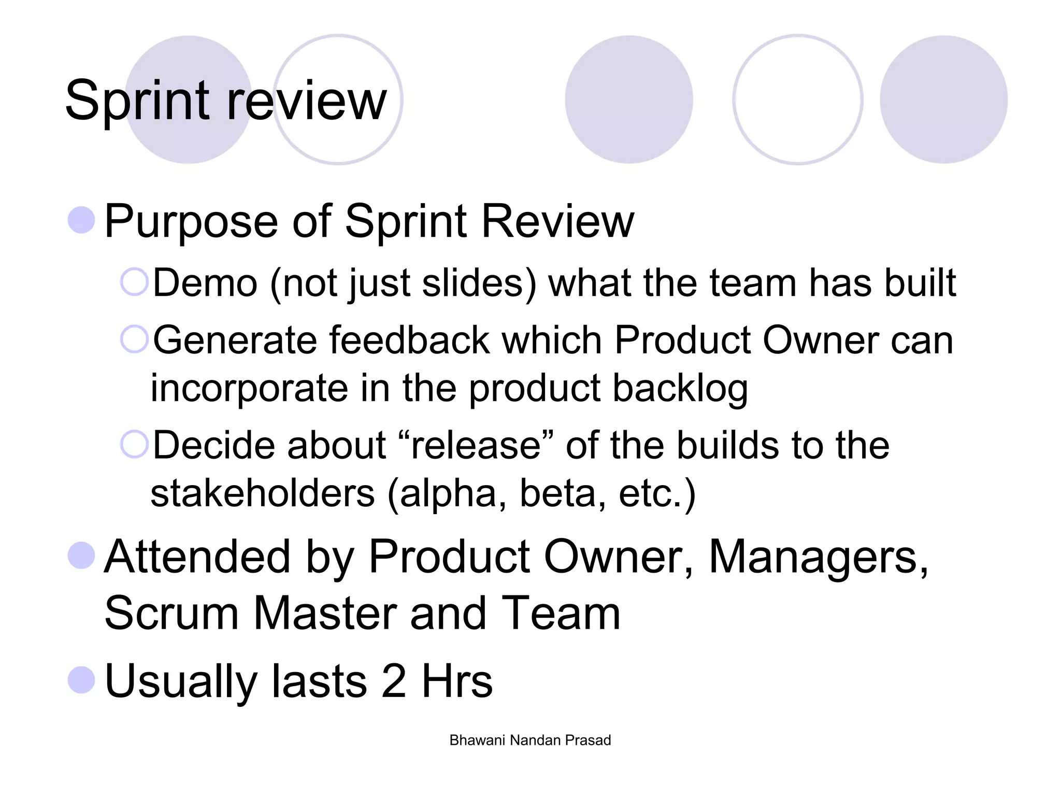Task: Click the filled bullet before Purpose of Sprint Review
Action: (x=81, y=220)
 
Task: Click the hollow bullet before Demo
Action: (x=134, y=282)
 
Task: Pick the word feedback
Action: (x=409, y=340)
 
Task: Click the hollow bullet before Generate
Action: (x=134, y=339)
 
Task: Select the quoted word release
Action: (x=476, y=445)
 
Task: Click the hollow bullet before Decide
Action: (x=134, y=444)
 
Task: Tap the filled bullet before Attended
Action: (x=81, y=555)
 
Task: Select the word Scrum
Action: (x=171, y=614)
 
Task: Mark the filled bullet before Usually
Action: (x=81, y=679)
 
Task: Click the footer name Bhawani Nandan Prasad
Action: (x=530, y=740)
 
